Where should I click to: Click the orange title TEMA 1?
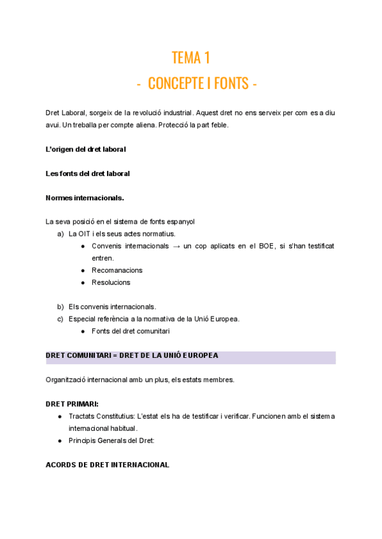click(191, 58)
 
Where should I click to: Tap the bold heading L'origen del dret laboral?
click(86, 149)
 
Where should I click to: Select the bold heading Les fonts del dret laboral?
click(88, 174)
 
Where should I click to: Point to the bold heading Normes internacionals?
click(85, 198)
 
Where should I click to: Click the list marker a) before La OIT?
click(60, 234)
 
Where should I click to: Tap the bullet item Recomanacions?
click(117, 270)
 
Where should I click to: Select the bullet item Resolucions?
click(111, 282)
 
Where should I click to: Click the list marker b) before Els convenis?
click(60, 306)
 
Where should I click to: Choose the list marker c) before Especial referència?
click(60, 318)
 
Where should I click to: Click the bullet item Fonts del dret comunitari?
click(131, 331)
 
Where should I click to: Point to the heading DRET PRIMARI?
click(72, 404)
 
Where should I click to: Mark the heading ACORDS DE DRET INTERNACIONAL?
click(108, 465)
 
